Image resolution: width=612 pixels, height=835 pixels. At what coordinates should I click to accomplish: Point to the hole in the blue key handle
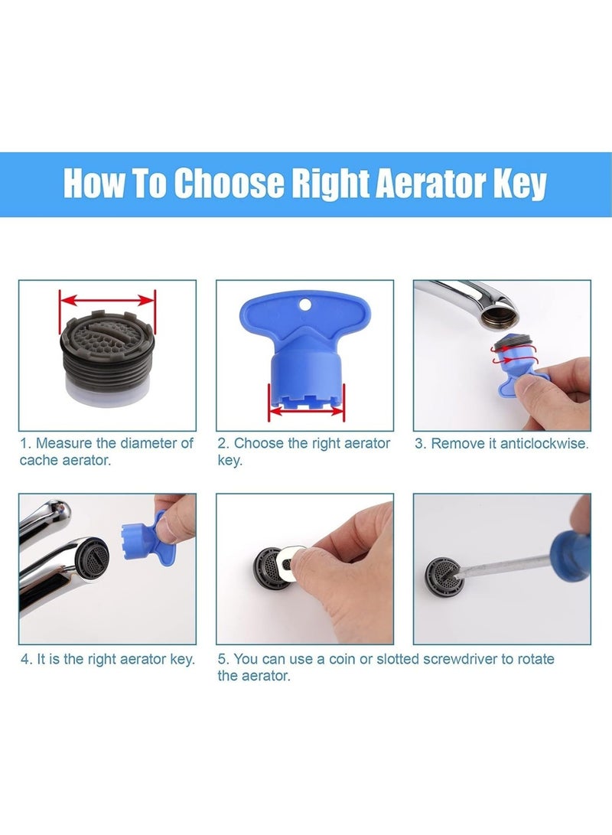click(305, 304)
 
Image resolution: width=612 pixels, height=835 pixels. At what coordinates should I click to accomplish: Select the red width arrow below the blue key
click(306, 411)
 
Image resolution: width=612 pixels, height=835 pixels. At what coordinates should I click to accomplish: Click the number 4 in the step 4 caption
click(25, 659)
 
